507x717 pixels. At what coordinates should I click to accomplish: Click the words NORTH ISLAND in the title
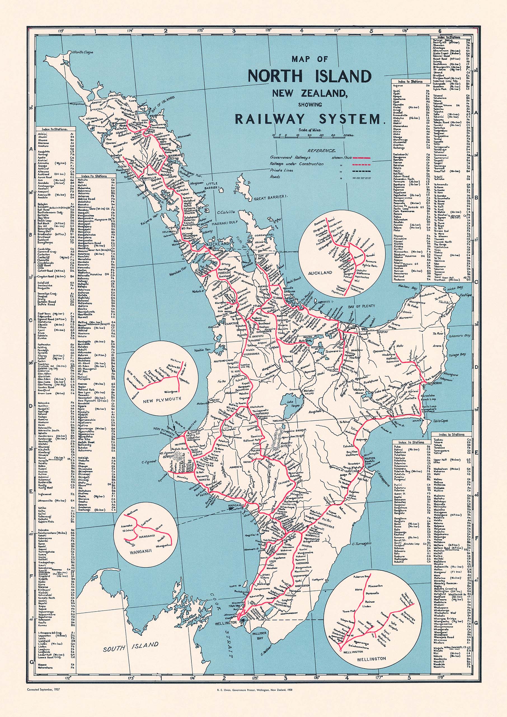pyautogui.click(x=310, y=76)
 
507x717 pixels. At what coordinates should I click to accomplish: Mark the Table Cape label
pyautogui.click(x=440, y=421)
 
